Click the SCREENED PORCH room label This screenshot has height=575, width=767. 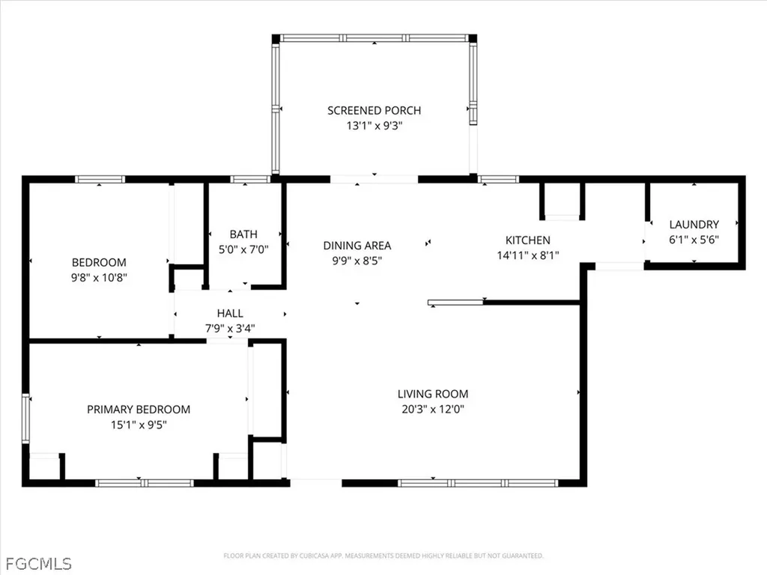click(375, 111)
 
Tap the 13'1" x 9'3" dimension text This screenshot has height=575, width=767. click(375, 126)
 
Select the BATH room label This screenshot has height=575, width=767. click(243, 234)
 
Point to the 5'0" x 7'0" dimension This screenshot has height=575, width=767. click(243, 249)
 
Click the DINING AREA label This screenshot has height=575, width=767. click(357, 246)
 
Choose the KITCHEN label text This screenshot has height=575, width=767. click(528, 240)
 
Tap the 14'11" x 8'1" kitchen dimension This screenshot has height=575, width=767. click(528, 255)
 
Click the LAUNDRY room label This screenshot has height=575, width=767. click(694, 225)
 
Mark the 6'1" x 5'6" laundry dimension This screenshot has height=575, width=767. click(694, 240)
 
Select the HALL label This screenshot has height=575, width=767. click(230, 313)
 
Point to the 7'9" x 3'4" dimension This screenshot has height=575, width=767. click(230, 328)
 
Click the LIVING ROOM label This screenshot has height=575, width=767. click(433, 394)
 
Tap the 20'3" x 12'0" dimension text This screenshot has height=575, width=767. click(433, 409)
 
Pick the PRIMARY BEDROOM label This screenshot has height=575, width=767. click(139, 410)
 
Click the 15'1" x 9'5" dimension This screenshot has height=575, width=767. click(139, 425)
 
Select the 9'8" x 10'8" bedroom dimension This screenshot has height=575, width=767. click(99, 277)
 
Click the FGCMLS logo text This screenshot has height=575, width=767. click(38, 564)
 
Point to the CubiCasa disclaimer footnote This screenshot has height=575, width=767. click(383, 556)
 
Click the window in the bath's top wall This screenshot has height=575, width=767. click(250, 180)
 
